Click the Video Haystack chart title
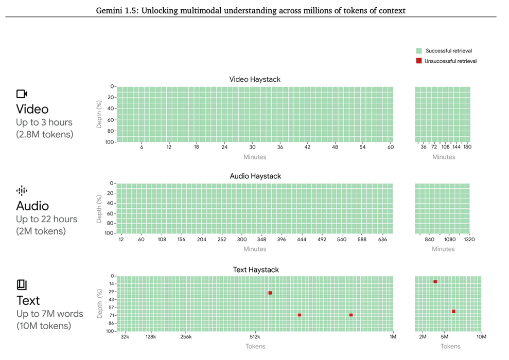pos(255,79)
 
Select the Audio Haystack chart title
pos(255,176)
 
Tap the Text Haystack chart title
pos(255,269)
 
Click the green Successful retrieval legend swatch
pos(419,51)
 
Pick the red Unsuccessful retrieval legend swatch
pos(419,61)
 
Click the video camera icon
pos(22,94)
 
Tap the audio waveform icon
pos(22,191)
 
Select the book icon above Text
pos(22,285)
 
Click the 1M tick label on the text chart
pos(393,337)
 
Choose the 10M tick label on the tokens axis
pos(481,337)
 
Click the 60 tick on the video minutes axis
pos(391,147)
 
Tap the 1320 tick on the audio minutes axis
pos(469,239)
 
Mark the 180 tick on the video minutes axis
pos(467,147)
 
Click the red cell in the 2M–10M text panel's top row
pos(435,282)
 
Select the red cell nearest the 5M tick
pos(453,311)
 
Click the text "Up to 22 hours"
pos(46,219)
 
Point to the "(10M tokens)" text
pos(43,326)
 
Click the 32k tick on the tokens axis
pos(125,337)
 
